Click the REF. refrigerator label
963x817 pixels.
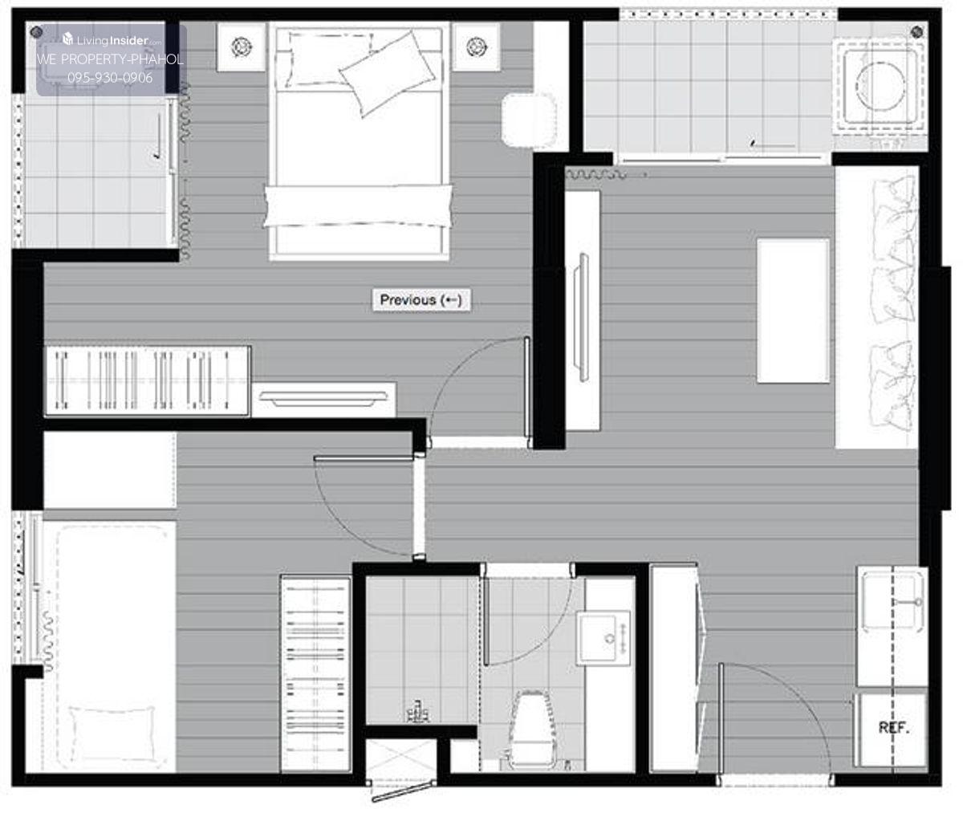(x=893, y=728)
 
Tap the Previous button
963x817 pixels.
(x=421, y=299)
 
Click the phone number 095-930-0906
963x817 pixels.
(x=110, y=77)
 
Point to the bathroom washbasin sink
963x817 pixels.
(x=603, y=637)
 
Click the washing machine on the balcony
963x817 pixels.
(x=878, y=87)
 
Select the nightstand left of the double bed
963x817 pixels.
(x=242, y=47)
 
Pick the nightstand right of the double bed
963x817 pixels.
(x=476, y=47)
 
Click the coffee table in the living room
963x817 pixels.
(x=793, y=311)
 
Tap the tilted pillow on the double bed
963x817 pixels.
(x=387, y=74)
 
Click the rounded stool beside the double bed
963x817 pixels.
(x=528, y=120)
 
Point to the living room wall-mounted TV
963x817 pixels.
(x=582, y=317)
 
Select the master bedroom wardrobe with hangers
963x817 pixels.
(x=147, y=380)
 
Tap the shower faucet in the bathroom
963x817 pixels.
(x=419, y=711)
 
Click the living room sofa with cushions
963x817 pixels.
(x=876, y=307)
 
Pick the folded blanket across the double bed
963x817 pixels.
(x=358, y=206)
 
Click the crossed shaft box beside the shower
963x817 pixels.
(x=401, y=757)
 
